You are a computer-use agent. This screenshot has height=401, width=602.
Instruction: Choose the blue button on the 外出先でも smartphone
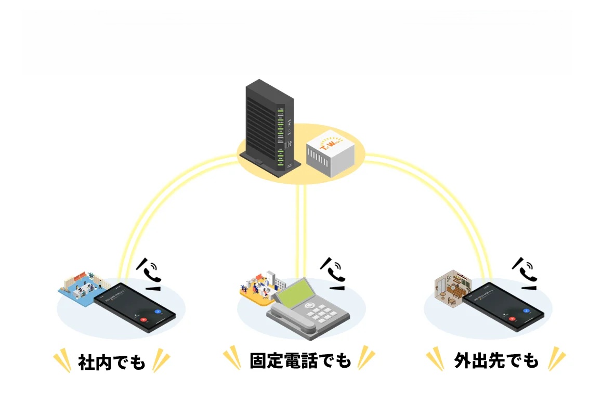[527, 311]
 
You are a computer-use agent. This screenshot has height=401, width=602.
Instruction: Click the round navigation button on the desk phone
[311, 305]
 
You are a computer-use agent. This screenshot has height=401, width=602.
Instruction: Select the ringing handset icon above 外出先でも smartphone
[526, 271]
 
